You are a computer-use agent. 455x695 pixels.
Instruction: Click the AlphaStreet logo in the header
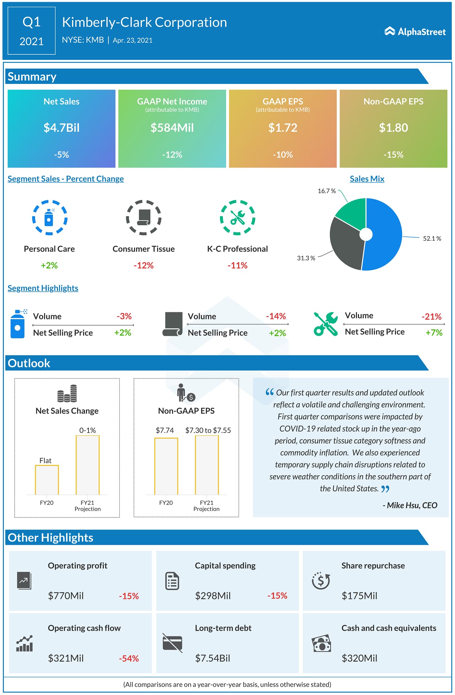click(415, 32)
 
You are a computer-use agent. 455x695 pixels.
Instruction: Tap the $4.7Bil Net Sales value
click(61, 128)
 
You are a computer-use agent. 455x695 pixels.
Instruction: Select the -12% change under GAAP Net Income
click(172, 155)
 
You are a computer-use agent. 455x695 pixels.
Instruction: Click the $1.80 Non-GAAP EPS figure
click(393, 128)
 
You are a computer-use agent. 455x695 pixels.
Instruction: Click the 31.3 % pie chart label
click(306, 258)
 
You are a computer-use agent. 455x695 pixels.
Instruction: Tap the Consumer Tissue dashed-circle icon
click(144, 217)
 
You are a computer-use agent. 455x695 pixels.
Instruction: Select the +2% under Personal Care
click(49, 265)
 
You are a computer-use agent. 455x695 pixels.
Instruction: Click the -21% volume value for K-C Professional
click(431, 317)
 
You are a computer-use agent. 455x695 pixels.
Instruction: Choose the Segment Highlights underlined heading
click(43, 288)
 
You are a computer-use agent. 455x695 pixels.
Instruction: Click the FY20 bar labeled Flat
click(47, 479)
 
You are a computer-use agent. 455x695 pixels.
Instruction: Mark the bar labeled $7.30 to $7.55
click(207, 465)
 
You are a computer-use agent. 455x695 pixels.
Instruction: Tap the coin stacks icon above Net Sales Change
click(67, 393)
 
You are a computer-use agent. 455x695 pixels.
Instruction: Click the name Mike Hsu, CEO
click(410, 505)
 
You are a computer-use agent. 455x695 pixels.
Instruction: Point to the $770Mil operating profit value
click(66, 596)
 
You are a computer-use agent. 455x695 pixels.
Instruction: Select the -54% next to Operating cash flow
click(129, 658)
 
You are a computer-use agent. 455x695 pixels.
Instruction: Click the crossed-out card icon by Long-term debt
click(172, 643)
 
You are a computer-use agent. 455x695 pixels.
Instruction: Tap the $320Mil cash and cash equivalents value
click(359, 658)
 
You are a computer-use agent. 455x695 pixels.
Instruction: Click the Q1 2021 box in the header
click(32, 31)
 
